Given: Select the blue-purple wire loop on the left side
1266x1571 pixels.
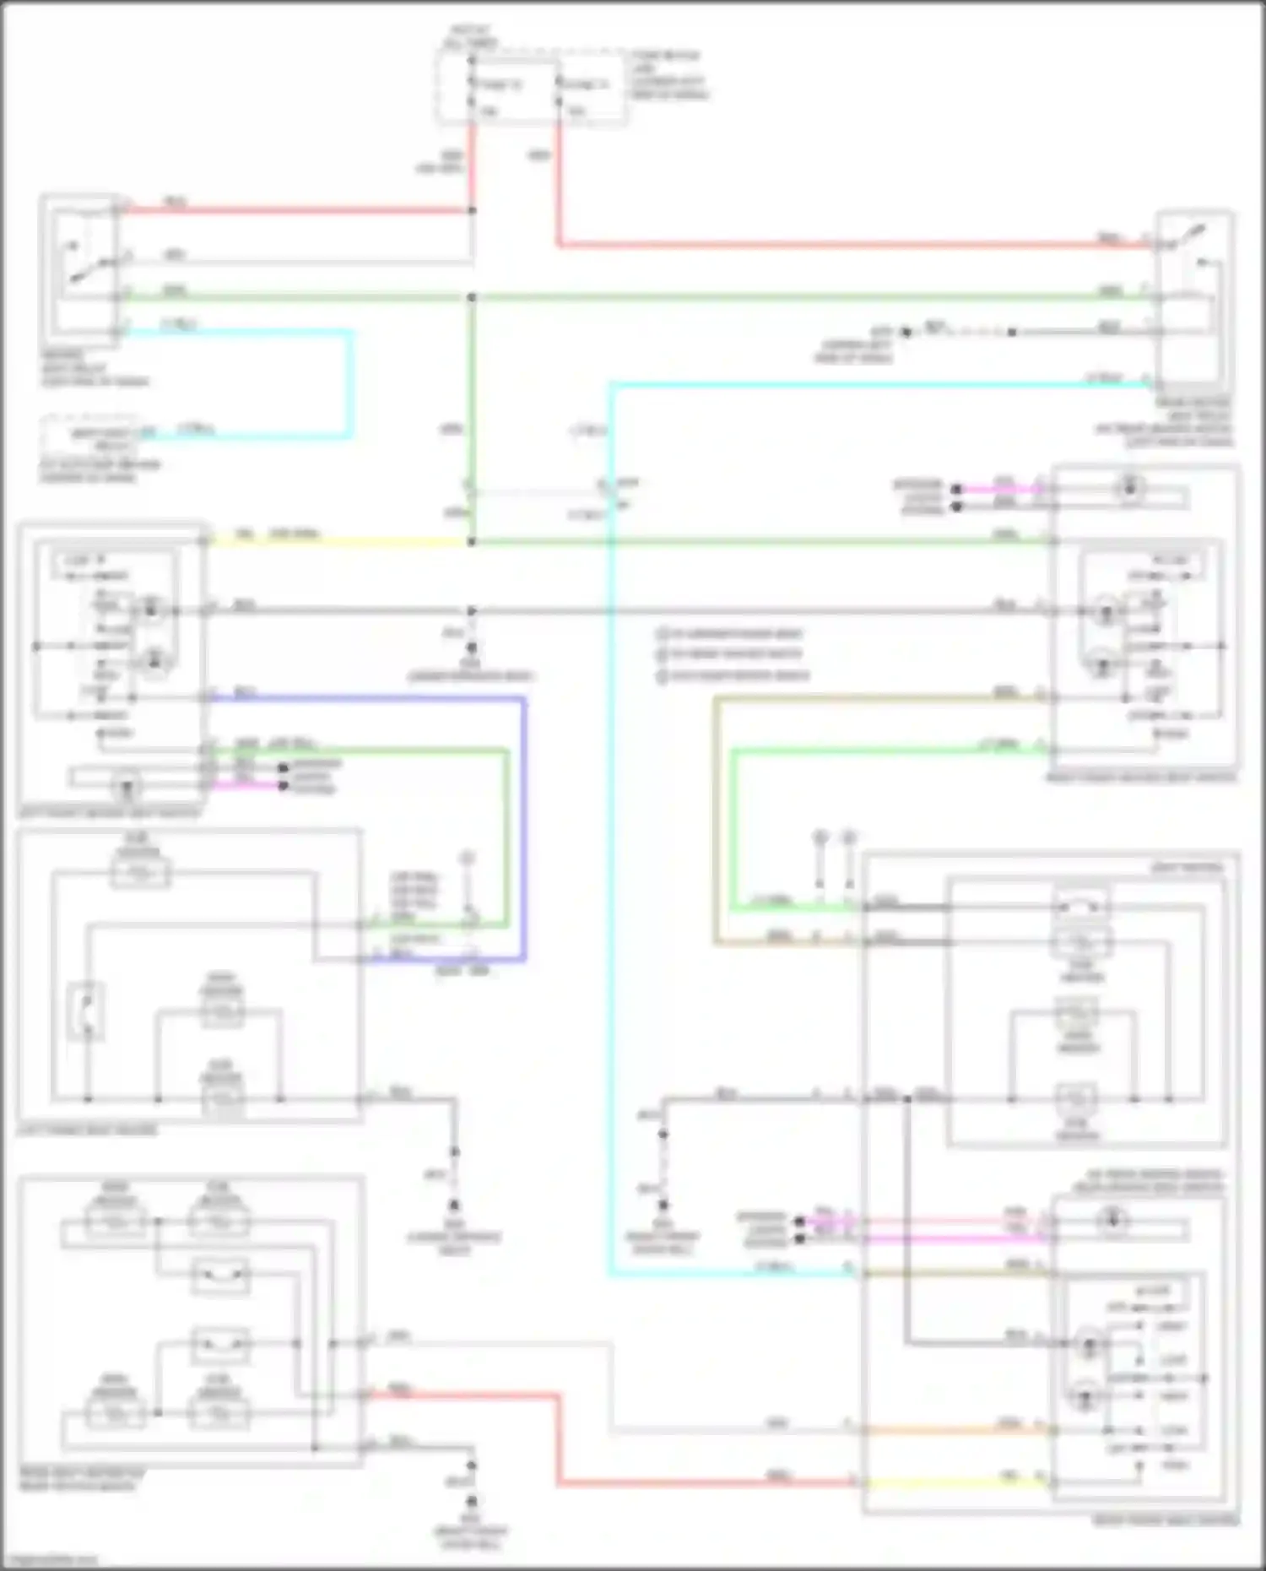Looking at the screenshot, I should click(x=523, y=827).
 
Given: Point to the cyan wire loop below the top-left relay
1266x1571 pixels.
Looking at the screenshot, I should click(x=349, y=384).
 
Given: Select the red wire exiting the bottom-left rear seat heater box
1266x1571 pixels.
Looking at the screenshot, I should click(x=464, y=1395).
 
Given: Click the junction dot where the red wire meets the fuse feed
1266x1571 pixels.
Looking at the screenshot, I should click(x=472, y=210).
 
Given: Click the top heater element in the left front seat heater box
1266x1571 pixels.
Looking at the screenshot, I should click(x=139, y=874).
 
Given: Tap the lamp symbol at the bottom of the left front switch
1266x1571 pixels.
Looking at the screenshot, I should click(x=127, y=787).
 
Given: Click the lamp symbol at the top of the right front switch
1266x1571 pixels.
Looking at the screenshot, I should click(x=1129, y=488).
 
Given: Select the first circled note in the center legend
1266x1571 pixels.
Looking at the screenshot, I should click(x=663, y=633).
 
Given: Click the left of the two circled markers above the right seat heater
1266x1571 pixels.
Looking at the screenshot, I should click(x=820, y=838).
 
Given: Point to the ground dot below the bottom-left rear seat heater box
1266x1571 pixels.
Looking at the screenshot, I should click(x=472, y=1500).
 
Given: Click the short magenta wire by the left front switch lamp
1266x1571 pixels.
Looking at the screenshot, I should click(x=245, y=786).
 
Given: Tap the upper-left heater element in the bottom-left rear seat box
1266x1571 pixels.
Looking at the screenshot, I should click(x=115, y=1222).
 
